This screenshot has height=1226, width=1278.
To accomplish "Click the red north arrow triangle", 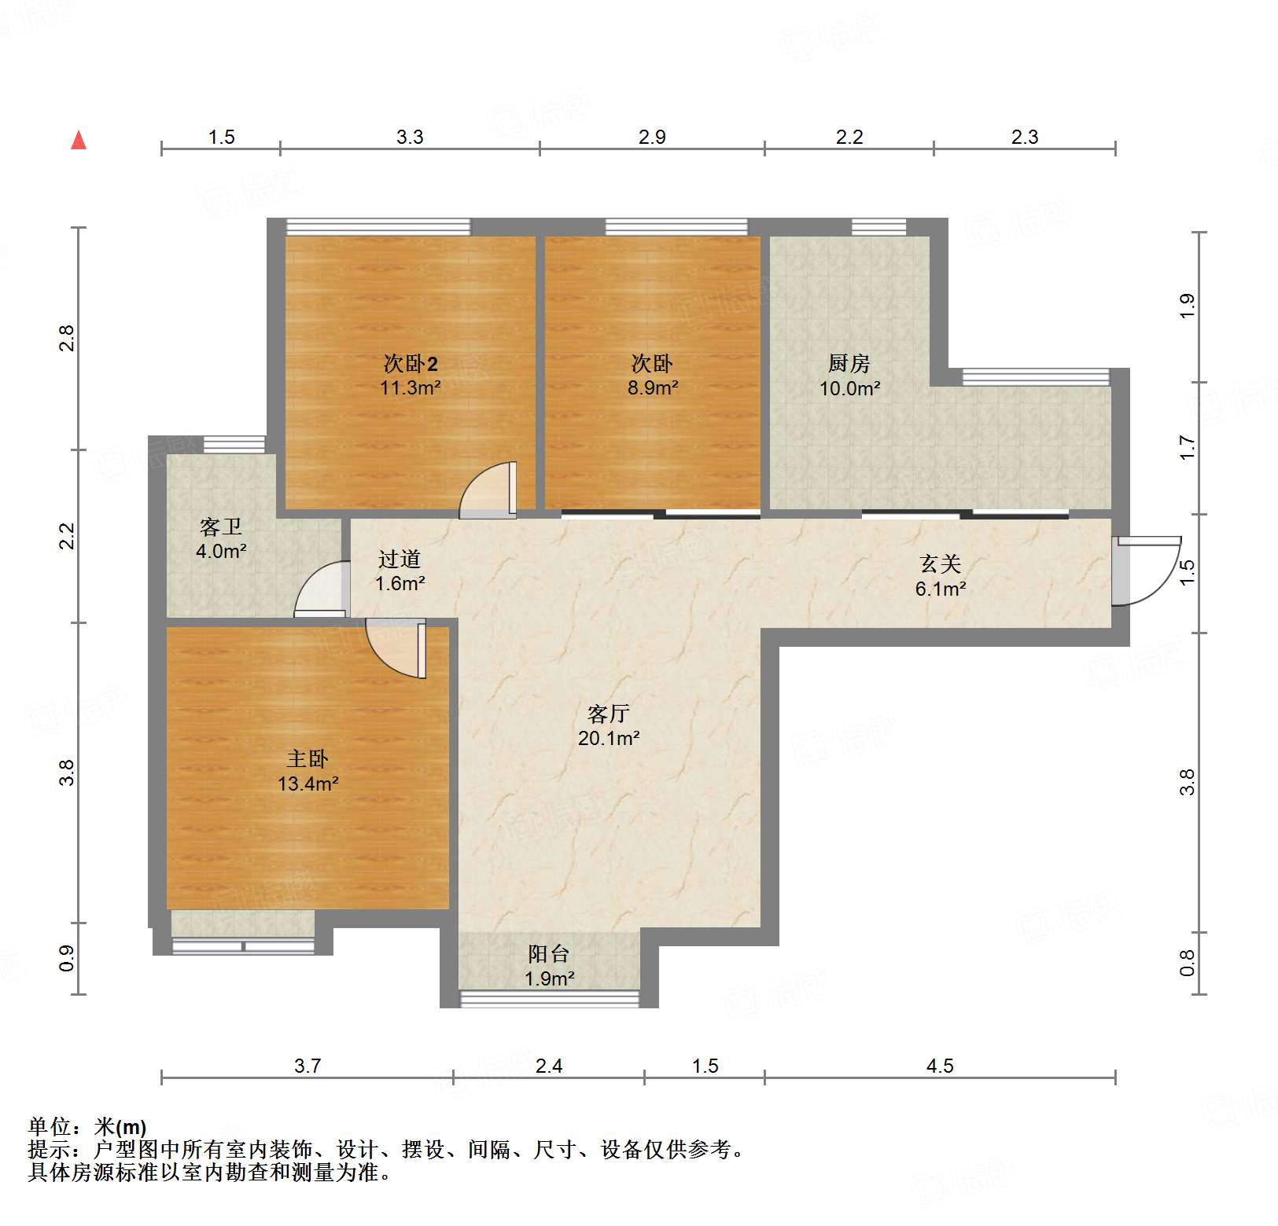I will click(x=79, y=141).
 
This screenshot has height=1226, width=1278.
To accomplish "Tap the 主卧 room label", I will click(x=307, y=758).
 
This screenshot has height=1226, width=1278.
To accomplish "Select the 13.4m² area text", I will click(x=308, y=784).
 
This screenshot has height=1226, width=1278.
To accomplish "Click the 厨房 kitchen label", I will click(x=849, y=363).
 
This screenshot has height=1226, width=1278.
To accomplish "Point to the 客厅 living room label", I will click(x=608, y=714).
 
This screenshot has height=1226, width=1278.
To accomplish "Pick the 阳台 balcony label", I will click(x=548, y=954).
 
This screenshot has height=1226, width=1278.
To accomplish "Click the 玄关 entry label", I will click(x=940, y=563).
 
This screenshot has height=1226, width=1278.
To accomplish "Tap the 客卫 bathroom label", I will click(x=220, y=527).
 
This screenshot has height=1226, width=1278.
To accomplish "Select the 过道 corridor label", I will click(x=400, y=559).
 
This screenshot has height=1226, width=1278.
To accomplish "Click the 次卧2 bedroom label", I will click(x=410, y=363).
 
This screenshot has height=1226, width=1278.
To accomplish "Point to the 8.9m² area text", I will click(x=653, y=387).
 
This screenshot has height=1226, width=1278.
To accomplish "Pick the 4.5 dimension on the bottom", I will click(x=939, y=1066).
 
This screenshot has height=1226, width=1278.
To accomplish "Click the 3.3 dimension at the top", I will click(x=409, y=137).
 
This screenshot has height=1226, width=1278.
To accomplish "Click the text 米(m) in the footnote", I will click(x=120, y=1127).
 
